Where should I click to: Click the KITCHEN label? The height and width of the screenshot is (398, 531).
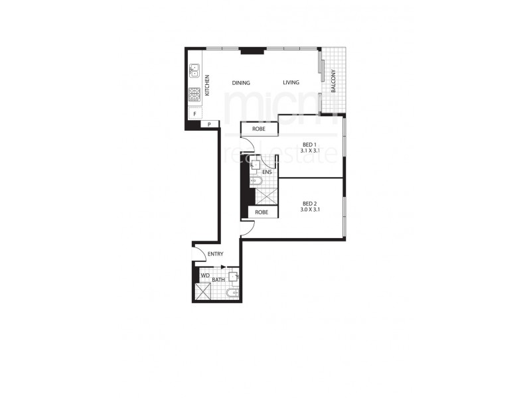click(207, 86)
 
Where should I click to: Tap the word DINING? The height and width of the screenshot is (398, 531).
click(241, 83)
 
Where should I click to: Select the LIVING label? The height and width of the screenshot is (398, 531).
click(291, 83)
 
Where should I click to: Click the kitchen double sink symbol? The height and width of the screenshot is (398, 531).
click(195, 69)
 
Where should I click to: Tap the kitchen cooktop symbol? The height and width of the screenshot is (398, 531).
click(195, 95)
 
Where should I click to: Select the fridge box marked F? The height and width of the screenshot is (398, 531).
click(194, 114)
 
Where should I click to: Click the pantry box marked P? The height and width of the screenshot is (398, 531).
click(209, 124)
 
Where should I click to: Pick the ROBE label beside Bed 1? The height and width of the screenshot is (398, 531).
click(259, 129)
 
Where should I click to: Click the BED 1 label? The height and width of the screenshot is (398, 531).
click(309, 145)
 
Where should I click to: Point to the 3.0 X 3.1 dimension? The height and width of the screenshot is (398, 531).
click(309, 210)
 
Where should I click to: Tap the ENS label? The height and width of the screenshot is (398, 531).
click(267, 172)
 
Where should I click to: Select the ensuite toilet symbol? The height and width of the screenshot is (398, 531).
click(255, 180)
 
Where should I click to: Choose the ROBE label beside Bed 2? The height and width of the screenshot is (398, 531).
click(262, 212)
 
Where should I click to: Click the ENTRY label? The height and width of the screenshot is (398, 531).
click(215, 254)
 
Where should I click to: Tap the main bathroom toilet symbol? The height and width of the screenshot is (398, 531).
click(230, 293)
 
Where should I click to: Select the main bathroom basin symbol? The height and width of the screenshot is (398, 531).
click(234, 276)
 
